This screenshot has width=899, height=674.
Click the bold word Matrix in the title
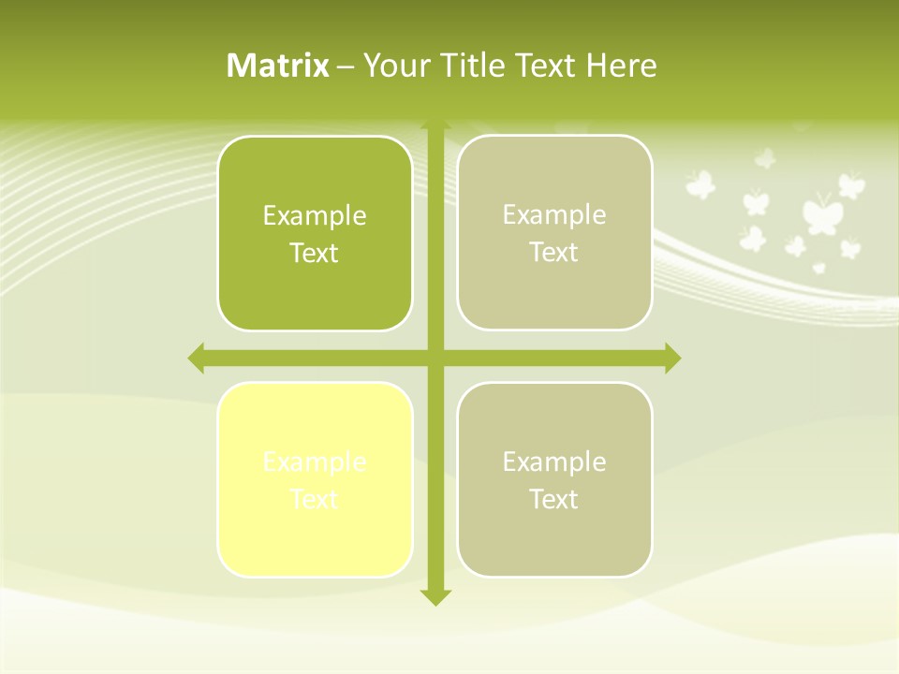277,66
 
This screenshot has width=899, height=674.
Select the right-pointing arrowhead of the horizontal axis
671,358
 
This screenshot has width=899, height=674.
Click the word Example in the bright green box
314,216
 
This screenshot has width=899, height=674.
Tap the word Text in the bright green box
314,254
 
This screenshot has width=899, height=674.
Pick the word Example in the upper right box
554,215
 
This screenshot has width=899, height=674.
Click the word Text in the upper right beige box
554,253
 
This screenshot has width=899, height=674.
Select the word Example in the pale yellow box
314,462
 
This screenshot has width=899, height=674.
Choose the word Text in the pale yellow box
314,499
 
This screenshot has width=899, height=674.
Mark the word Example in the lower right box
554,462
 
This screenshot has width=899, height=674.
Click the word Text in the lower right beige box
554,499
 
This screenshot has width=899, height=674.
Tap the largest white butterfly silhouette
821,215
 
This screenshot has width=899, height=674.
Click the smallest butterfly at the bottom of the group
819,268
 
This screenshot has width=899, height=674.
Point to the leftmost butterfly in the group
700,183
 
